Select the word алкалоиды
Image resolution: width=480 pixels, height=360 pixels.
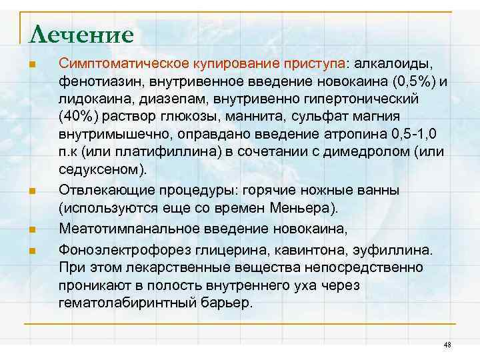coord(393,64)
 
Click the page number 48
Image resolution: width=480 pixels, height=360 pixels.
coord(447,344)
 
